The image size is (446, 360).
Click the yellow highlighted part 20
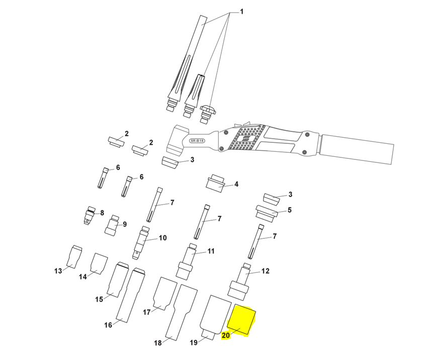pyautogui.click(x=241, y=319)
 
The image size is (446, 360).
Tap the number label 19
pyautogui.click(x=194, y=343)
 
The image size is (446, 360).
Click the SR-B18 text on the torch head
pyautogui.click(x=197, y=141)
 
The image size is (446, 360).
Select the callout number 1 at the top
pyautogui.click(x=241, y=12)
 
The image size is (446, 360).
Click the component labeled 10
pyautogui.click(x=141, y=242)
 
